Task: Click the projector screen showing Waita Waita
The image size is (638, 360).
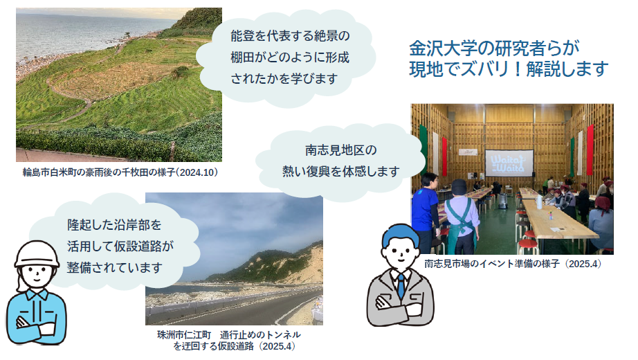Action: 509,163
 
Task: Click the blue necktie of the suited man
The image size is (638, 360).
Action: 401,285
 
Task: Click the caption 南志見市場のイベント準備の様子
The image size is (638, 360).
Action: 492,264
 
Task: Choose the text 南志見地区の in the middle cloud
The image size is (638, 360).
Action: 341,150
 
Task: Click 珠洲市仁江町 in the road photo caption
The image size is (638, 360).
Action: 184,335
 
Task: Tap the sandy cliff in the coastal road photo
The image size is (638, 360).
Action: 305,264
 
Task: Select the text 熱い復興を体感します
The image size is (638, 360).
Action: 341,172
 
